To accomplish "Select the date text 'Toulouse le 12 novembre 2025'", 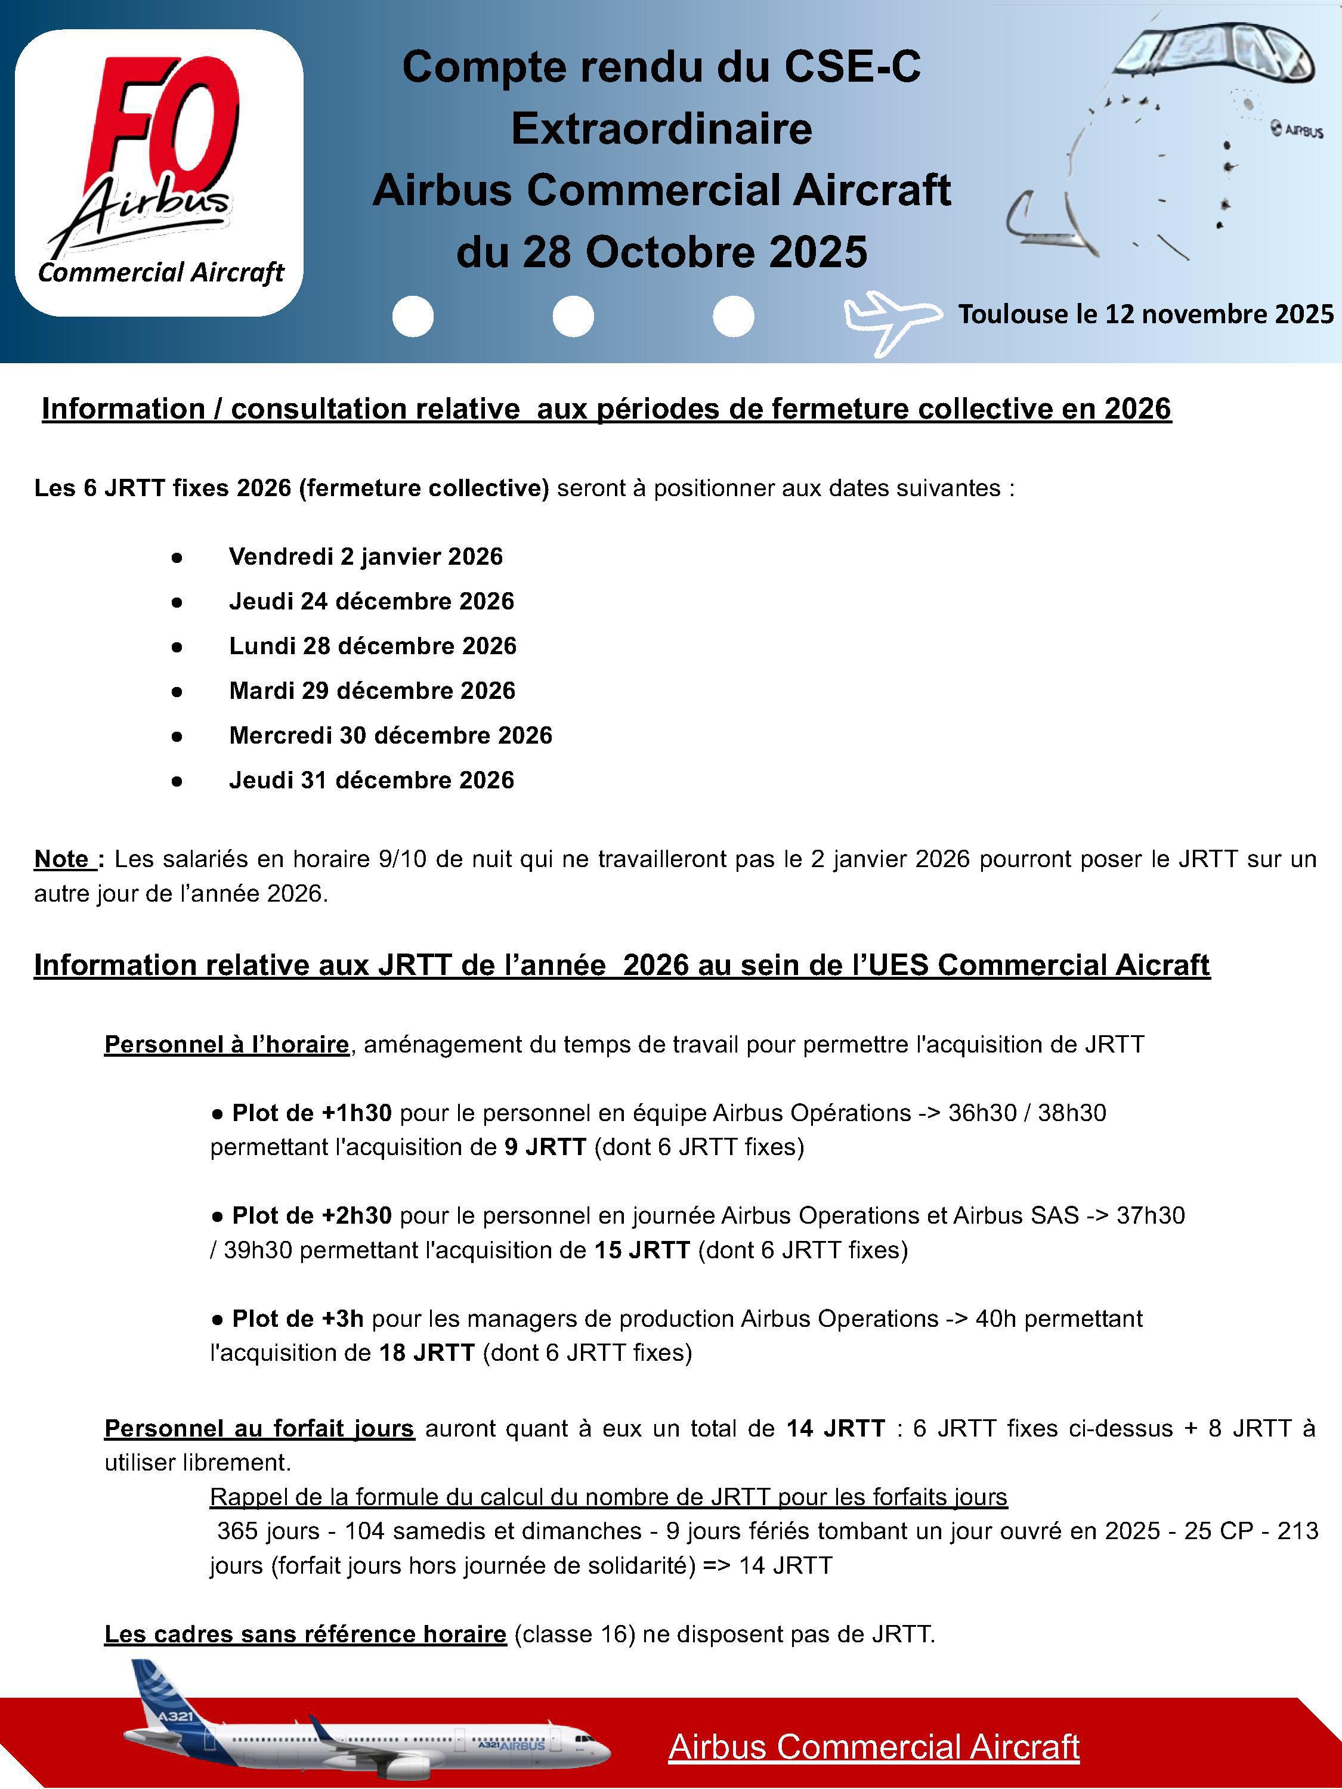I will tap(1145, 314).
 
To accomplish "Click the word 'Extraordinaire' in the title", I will tap(661, 129).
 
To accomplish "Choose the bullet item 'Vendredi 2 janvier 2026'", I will tap(366, 556).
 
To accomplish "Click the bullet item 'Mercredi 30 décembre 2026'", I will tap(390, 735).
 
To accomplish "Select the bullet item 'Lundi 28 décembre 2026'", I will tap(372, 645).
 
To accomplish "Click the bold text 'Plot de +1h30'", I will tap(311, 1113).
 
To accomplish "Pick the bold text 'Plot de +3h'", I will tap(297, 1318).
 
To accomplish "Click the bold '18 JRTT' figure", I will tap(426, 1352).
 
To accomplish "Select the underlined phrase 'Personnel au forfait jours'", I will tap(259, 1428).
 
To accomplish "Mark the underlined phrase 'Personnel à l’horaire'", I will tap(227, 1045).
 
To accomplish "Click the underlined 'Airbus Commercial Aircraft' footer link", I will tap(874, 1747).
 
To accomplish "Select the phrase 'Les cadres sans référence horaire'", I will tap(305, 1635).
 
